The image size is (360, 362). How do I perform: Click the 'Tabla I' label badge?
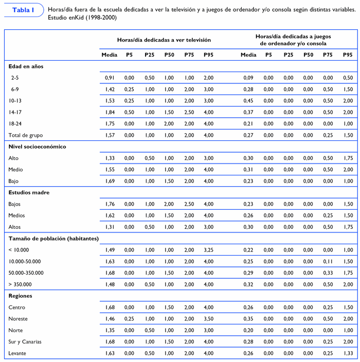click(x=23, y=10)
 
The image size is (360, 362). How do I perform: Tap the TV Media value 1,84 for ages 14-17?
click(x=109, y=112)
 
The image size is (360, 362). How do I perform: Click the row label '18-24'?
click(x=15, y=123)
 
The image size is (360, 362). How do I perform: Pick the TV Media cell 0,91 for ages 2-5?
click(x=109, y=78)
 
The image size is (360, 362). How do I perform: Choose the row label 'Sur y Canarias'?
click(x=25, y=341)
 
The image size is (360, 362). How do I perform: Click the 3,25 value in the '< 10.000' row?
click(x=208, y=250)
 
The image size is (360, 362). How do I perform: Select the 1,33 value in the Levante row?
click(x=348, y=353)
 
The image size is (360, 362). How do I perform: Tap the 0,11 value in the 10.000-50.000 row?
click(x=328, y=261)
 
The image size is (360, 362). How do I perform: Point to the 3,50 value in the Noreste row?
click(x=208, y=319)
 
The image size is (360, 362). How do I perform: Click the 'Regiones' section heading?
click(x=20, y=296)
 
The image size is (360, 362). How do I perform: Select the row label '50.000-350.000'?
click(x=26, y=273)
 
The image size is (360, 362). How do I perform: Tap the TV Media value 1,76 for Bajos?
click(x=109, y=204)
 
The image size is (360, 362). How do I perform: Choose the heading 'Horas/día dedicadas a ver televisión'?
click(x=164, y=40)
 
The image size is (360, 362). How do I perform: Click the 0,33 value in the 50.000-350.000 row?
click(x=328, y=273)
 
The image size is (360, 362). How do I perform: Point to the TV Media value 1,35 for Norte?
click(x=109, y=330)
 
